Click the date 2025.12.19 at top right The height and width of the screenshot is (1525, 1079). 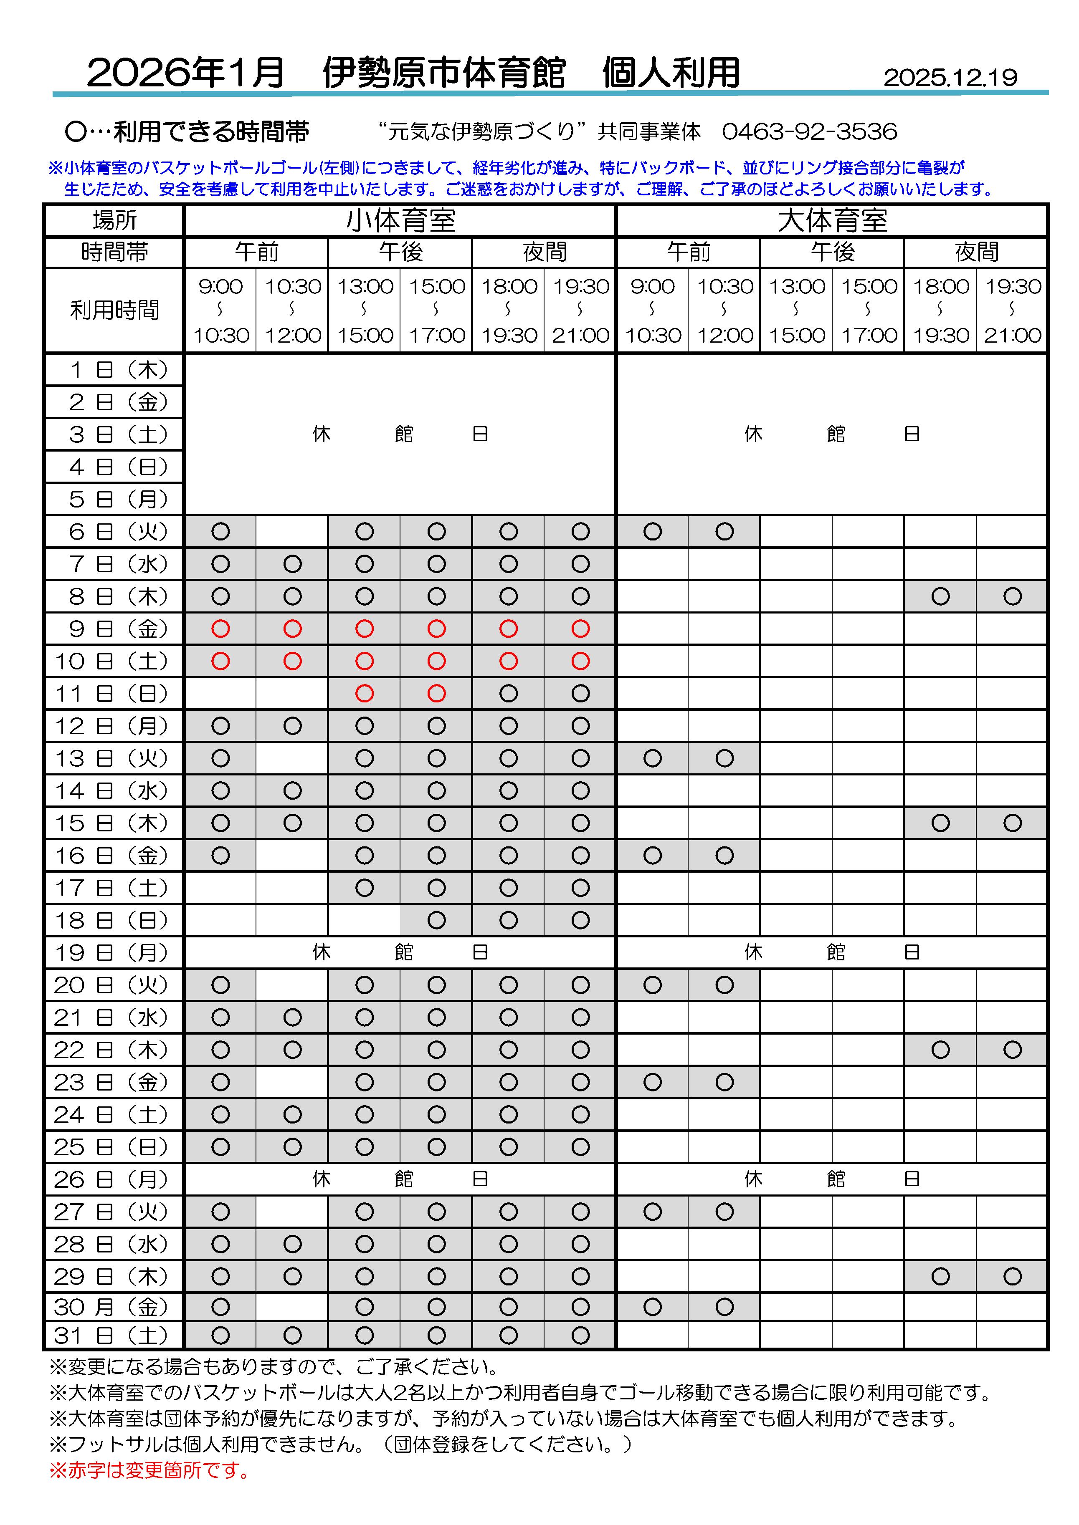(950, 78)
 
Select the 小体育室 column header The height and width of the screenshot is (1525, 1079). (400, 220)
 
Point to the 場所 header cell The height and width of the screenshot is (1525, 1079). (114, 220)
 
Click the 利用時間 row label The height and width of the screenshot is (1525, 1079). (114, 310)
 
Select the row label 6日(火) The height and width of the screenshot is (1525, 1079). (114, 531)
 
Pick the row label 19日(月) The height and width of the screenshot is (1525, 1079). (114, 952)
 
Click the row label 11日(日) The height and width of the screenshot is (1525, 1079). (114, 693)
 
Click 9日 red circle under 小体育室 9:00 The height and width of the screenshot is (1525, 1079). (220, 629)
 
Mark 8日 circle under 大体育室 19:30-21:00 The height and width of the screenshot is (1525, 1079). (1012, 596)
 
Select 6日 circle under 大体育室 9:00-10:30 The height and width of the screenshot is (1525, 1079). (652, 531)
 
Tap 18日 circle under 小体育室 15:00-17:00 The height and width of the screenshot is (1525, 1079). (436, 920)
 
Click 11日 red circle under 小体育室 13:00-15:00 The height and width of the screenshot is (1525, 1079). (364, 693)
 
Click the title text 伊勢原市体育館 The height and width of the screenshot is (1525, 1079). (444, 73)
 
